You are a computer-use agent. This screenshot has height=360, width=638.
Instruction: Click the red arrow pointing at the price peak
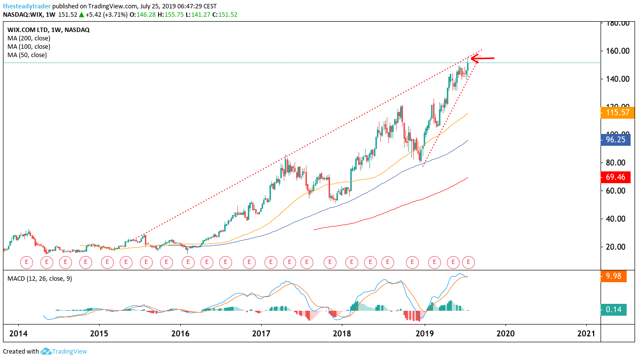(482, 59)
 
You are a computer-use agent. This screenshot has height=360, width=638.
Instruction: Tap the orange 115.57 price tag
(614, 113)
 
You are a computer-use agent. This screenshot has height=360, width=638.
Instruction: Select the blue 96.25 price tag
(614, 139)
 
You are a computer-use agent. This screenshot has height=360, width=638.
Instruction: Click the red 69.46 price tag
(614, 176)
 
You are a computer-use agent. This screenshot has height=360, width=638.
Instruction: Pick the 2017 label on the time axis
(261, 333)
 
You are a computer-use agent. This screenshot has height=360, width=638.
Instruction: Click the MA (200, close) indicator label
(29, 38)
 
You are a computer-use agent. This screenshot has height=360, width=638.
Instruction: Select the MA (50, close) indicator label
(27, 55)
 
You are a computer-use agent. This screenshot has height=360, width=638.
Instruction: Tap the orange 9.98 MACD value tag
(614, 276)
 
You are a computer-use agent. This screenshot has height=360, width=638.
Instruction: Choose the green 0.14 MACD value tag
(614, 310)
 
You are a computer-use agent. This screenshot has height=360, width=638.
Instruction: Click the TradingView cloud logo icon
(46, 351)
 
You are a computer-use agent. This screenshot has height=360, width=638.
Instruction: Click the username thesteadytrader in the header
(27, 6)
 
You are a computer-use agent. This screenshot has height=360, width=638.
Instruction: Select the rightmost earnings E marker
(469, 262)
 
